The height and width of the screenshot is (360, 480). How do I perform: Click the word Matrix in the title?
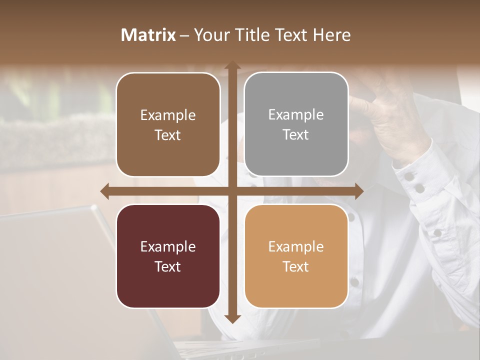pos(148,35)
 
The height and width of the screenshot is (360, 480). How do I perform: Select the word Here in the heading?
pos(332,35)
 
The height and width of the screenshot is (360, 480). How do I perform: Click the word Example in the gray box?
pos(296,115)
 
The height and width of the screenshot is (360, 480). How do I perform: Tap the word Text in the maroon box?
pos(167,266)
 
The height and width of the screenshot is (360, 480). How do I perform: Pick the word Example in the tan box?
pos(296,246)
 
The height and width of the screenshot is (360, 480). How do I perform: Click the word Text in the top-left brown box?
pos(167,135)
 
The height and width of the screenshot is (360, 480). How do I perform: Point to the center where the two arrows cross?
pos(231,191)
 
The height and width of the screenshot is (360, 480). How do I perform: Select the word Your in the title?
pos(209,35)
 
